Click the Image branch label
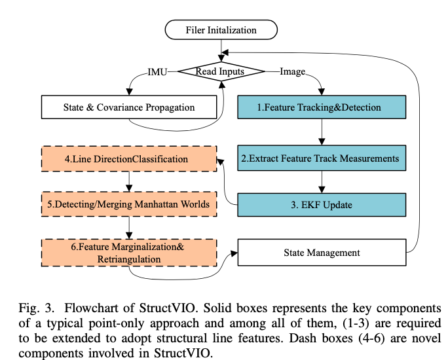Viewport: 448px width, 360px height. (292, 71)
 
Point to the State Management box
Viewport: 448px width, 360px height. (322, 252)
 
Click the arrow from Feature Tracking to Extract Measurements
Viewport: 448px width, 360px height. (322, 132)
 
